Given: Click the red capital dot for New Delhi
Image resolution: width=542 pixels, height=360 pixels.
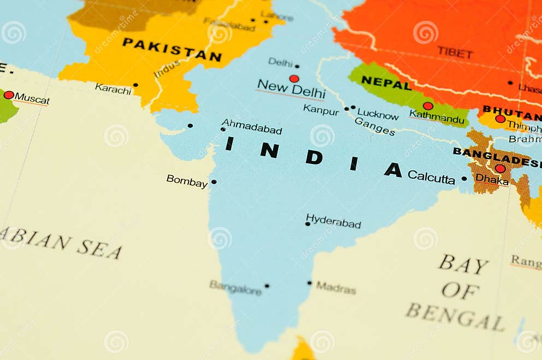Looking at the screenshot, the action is [x=294, y=79].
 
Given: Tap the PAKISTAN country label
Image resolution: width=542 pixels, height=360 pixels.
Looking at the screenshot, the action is [x=172, y=49].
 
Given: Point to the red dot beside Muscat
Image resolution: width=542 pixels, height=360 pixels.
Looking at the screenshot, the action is [x=9, y=95].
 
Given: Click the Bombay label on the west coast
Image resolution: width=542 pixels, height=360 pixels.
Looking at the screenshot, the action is [x=187, y=181].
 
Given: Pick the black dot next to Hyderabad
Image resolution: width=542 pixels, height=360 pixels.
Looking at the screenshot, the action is [x=308, y=224].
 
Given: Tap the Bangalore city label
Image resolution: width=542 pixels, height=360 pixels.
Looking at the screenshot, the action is [x=235, y=288].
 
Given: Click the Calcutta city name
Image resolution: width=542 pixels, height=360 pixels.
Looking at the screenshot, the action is [x=431, y=177].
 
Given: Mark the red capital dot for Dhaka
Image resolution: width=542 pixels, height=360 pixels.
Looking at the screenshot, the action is [x=500, y=168].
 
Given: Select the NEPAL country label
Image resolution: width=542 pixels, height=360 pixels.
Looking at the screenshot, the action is [x=386, y=83].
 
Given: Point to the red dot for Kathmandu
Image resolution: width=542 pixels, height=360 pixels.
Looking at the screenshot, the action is [x=428, y=106].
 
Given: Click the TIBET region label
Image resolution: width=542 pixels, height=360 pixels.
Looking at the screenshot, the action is [x=455, y=52].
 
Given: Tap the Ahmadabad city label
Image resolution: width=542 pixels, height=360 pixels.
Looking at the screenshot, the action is [x=252, y=127].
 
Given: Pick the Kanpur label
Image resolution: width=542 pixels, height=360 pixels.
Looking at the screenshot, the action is [x=321, y=109].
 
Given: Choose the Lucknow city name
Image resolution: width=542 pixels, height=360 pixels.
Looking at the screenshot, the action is [x=378, y=114].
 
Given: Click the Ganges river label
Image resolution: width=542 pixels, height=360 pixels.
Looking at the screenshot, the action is [x=375, y=126].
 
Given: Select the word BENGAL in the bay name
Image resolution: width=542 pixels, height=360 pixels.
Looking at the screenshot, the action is [x=455, y=317].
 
